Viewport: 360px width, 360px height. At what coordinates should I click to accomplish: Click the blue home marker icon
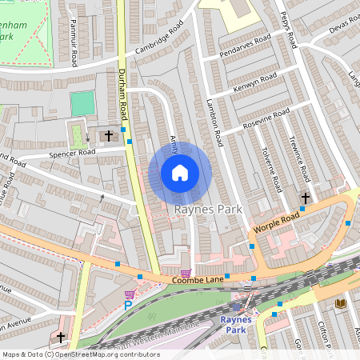pos(180,173)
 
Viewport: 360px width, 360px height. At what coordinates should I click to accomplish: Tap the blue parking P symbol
pos(127,306)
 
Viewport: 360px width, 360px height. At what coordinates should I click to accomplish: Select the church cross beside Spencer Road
pos(110,135)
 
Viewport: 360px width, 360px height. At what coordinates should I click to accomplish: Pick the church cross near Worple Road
pos(305,198)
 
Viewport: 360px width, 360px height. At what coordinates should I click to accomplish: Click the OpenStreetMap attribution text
pos(80,354)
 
